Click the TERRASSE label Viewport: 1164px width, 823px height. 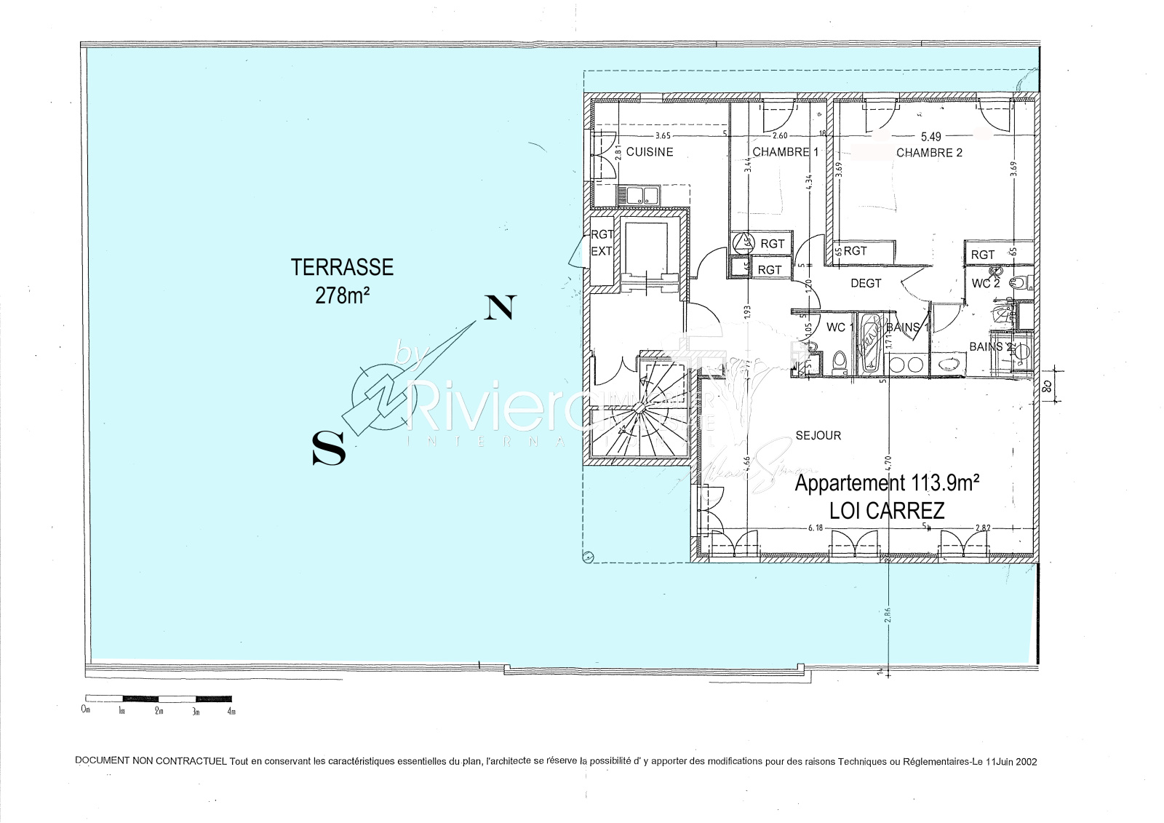click(x=342, y=268)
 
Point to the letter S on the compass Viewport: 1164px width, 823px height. click(x=328, y=448)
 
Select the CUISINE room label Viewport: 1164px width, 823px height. click(x=650, y=152)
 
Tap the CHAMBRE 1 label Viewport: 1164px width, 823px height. click(x=785, y=152)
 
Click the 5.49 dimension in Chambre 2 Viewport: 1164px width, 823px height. click(x=931, y=136)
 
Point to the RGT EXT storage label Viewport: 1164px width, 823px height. click(x=602, y=243)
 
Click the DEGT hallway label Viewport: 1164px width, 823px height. click(x=866, y=283)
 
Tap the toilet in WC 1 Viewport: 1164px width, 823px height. click(x=839, y=359)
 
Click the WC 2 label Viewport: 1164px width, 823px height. click(x=985, y=283)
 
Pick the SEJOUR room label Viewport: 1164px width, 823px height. click(x=818, y=435)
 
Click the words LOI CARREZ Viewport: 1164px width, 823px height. click(x=887, y=510)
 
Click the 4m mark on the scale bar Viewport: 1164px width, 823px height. click(x=231, y=711)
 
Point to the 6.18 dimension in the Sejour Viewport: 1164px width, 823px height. click(x=815, y=528)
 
